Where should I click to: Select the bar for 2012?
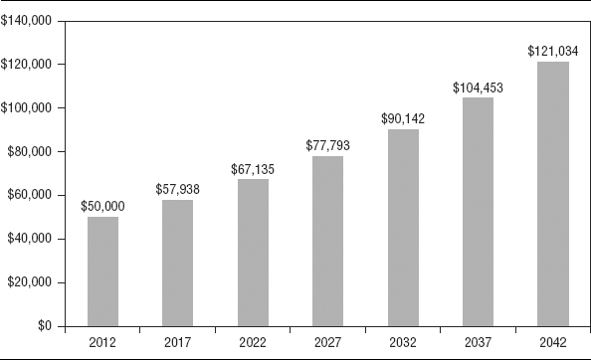click(102, 271)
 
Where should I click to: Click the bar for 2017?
click(177, 263)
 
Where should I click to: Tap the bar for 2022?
click(253, 253)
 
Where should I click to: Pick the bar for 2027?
click(327, 241)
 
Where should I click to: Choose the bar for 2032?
click(403, 228)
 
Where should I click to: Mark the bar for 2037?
click(478, 212)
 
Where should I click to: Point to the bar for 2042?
click(553, 194)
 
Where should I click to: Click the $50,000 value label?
click(102, 207)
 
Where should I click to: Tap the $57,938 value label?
click(177, 189)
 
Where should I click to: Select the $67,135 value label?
click(253, 169)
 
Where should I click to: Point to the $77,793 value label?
click(327, 145)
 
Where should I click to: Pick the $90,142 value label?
click(403, 118)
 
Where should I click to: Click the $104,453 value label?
click(478, 88)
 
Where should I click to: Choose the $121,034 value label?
click(553, 51)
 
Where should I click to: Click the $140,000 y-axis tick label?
click(26, 21)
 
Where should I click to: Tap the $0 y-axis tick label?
click(45, 326)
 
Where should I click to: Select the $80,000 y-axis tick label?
click(30, 152)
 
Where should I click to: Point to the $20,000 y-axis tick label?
click(30, 282)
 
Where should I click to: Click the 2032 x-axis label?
click(403, 343)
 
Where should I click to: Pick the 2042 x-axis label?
click(553, 343)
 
